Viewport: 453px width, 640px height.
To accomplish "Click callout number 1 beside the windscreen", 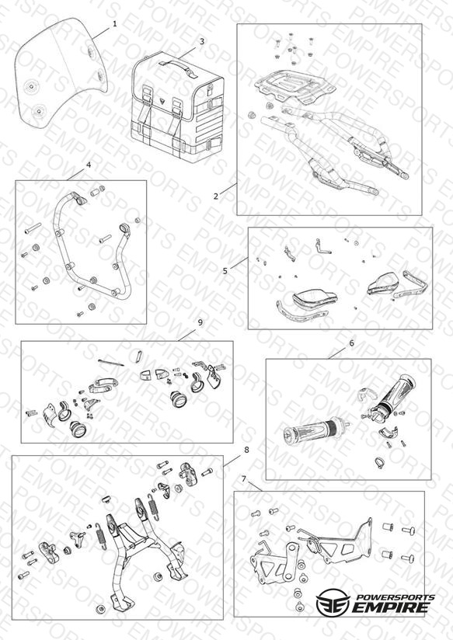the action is pos(115,23).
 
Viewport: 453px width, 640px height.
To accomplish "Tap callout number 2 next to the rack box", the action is pos(216,196).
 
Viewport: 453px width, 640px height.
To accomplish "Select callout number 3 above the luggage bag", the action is pos(202,41).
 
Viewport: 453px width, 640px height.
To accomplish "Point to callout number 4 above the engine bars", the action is pos(89,165).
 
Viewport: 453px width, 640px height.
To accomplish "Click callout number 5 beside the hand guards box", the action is pos(225,271).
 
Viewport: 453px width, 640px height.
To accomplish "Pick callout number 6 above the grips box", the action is pos(352,343).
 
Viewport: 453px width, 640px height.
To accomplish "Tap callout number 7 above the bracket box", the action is pos(244,478).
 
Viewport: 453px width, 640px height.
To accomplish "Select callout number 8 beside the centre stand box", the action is pos(246,450).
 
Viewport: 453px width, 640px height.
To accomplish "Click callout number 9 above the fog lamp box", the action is pos(200,322).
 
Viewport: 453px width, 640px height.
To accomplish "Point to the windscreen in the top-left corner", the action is pos(61,69).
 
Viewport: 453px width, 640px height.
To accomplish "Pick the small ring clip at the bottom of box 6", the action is pos(379,462).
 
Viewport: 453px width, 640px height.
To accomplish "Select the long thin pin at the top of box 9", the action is pos(111,363).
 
